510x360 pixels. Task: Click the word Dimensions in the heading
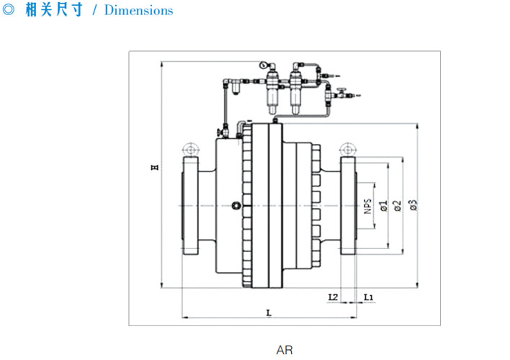(x=139, y=11)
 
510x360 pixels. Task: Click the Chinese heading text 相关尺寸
(x=55, y=11)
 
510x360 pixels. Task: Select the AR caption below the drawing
(x=285, y=350)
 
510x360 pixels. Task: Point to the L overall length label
(x=268, y=312)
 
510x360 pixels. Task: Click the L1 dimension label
(x=367, y=296)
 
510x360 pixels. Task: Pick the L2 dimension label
(x=332, y=296)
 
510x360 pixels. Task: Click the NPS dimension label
(x=367, y=207)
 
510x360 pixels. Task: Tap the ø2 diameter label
(x=397, y=207)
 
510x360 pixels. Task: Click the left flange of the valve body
(x=191, y=207)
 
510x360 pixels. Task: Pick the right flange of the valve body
(x=348, y=207)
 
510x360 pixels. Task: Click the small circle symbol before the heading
(x=9, y=11)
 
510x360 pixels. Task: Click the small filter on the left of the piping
(x=236, y=89)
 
